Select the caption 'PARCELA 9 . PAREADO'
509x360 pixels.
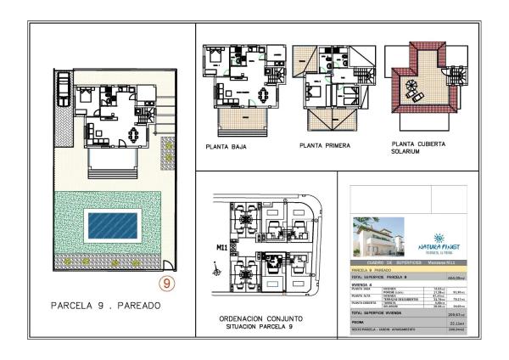coord(106,304)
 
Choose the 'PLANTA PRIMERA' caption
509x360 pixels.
coord(325,146)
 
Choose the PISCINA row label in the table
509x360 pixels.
coord(360,323)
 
